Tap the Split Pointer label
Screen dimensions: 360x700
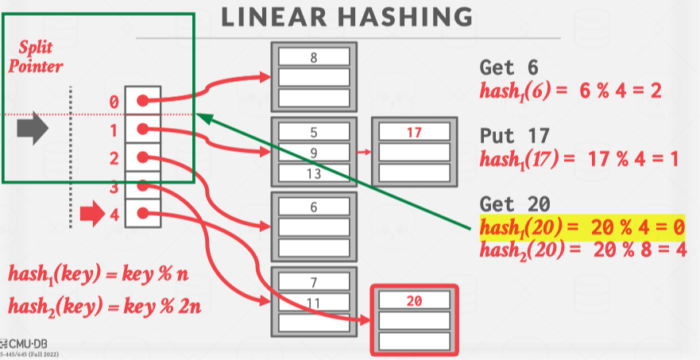coord(34,57)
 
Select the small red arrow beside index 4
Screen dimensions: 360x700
coord(92,213)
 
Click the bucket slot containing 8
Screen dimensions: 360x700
coord(314,57)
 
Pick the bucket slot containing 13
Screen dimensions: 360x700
coord(314,172)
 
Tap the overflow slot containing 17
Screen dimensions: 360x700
coord(413,132)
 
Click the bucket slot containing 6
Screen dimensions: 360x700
coord(314,207)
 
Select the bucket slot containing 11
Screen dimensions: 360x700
coord(314,301)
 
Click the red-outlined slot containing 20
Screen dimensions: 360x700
coord(413,301)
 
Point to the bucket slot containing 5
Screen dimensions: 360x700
coord(314,132)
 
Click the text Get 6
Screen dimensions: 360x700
coord(509,67)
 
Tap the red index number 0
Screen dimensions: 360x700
coord(114,102)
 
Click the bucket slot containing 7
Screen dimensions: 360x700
coord(314,281)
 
